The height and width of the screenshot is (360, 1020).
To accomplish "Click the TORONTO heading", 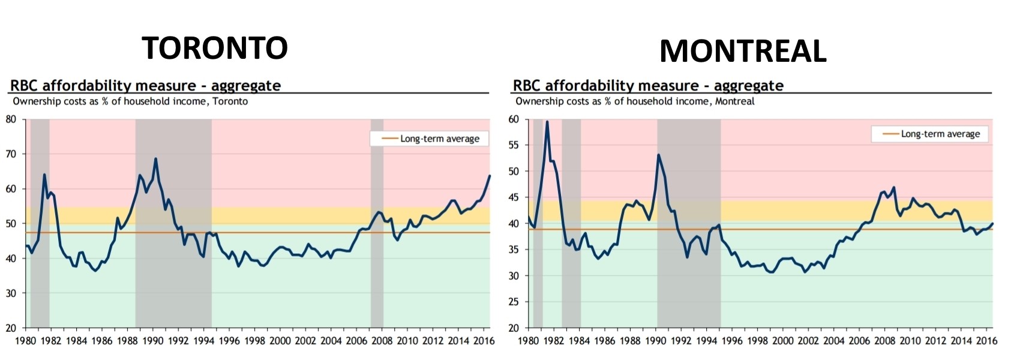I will pyautogui.click(x=214, y=47).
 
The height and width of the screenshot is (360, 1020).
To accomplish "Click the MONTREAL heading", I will pyautogui.click(x=742, y=51).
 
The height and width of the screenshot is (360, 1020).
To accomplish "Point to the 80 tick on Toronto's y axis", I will pyautogui.click(x=11, y=119).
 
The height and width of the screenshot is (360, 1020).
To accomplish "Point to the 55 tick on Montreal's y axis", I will pyautogui.click(x=514, y=145).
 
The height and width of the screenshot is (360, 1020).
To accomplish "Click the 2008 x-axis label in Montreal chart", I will pyautogui.click(x=884, y=341).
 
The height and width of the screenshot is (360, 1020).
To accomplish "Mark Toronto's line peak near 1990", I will pyautogui.click(x=156, y=159).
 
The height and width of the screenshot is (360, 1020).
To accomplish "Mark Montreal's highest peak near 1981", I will pyautogui.click(x=547, y=122).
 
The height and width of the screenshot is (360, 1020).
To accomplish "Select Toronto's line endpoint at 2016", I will pyautogui.click(x=490, y=176).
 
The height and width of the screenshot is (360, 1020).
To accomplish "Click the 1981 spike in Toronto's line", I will pyautogui.click(x=44, y=175).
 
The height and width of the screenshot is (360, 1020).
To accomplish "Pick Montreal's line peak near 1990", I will pyautogui.click(x=659, y=155).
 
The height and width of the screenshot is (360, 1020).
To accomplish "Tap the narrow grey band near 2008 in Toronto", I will pyautogui.click(x=377, y=240).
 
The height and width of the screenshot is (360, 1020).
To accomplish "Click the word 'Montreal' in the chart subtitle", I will pyautogui.click(x=734, y=101).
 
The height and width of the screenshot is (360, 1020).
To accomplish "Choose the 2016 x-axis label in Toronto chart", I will pyautogui.click(x=483, y=341).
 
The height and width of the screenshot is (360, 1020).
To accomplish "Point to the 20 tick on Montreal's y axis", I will pyautogui.click(x=514, y=328).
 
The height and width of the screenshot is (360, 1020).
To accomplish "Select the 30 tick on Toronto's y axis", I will pyautogui.click(x=11, y=293).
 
